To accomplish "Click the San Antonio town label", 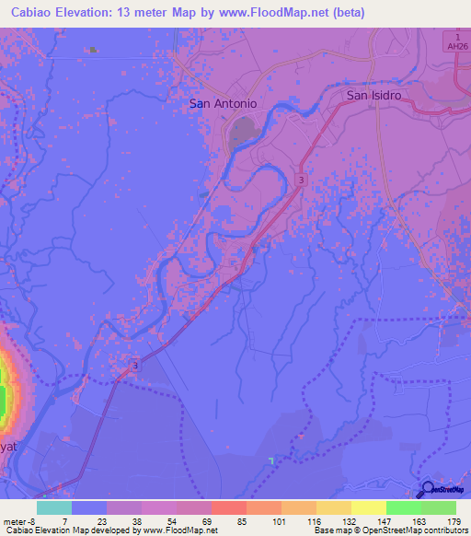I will pos(223,103).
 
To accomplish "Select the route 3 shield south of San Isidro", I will pos(302,180).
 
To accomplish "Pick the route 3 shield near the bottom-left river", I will pos(135,366).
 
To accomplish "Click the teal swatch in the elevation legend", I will pos(53,507).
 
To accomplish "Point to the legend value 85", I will pos(242,521).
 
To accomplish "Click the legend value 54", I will pos(171,521).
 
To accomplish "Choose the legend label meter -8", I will pos(18,521).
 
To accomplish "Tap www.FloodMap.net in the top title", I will pos(286,13).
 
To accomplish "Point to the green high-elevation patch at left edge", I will pos(3,401).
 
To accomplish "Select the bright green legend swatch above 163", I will pos(403,507).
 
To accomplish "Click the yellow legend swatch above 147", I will pos(368,507).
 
